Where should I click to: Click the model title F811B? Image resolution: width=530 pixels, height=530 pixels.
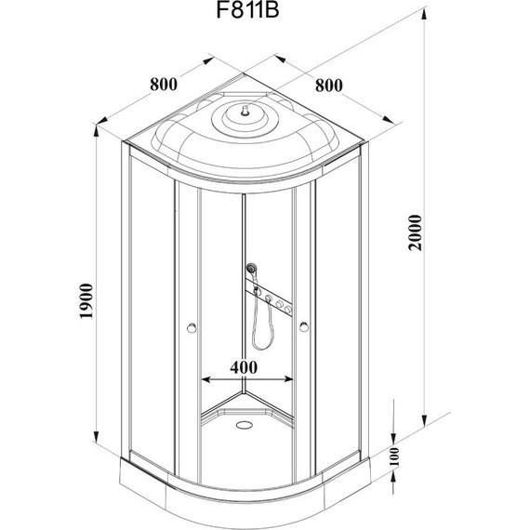(x=247, y=10)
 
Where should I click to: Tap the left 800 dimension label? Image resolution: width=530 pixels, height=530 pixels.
(x=164, y=85)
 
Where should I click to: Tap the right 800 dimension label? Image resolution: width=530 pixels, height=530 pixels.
(x=329, y=86)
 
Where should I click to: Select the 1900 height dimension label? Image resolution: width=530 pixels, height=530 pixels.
(x=86, y=301)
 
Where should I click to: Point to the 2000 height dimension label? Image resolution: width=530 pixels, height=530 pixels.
(x=416, y=232)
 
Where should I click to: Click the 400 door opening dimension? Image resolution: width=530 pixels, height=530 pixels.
(x=244, y=367)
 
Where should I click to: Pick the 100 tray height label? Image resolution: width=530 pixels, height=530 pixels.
(x=394, y=457)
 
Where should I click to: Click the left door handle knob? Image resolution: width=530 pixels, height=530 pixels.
(x=192, y=327)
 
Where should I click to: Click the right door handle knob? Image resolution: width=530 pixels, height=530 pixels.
(x=304, y=327)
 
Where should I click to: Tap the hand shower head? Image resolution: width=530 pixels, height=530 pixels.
(x=251, y=269)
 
